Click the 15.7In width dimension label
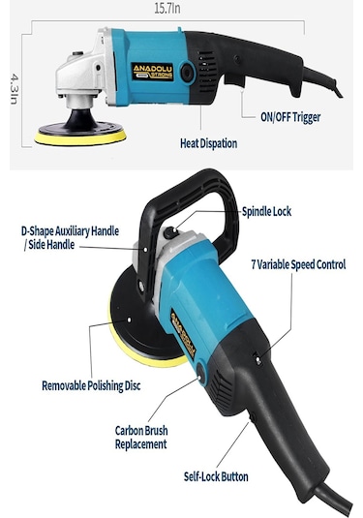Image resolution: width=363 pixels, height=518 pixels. tap(167, 9)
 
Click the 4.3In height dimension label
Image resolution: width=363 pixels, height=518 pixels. tap(15, 89)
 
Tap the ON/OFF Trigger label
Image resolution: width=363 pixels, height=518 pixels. tap(290, 117)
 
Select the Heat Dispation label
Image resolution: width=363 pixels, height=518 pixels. tap(208, 143)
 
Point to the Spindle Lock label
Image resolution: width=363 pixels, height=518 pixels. tap(266, 211)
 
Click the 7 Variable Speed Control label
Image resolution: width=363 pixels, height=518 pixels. tap(298, 264)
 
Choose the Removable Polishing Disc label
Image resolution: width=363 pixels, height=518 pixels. tap(91, 385)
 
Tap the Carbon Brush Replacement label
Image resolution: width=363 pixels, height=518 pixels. tap(141, 437)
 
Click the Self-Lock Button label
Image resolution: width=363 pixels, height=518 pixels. tap(216, 476)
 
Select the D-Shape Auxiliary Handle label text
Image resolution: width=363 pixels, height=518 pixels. tap(70, 238)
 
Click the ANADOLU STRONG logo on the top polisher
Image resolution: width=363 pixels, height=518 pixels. tap(152, 72)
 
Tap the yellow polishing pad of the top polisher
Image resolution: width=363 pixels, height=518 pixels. tap(80, 137)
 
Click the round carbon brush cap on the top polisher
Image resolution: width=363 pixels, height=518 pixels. tap(187, 73)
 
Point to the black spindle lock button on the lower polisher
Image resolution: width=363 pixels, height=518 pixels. tap(170, 233)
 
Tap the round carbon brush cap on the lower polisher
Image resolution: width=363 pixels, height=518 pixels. tap(201, 373)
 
